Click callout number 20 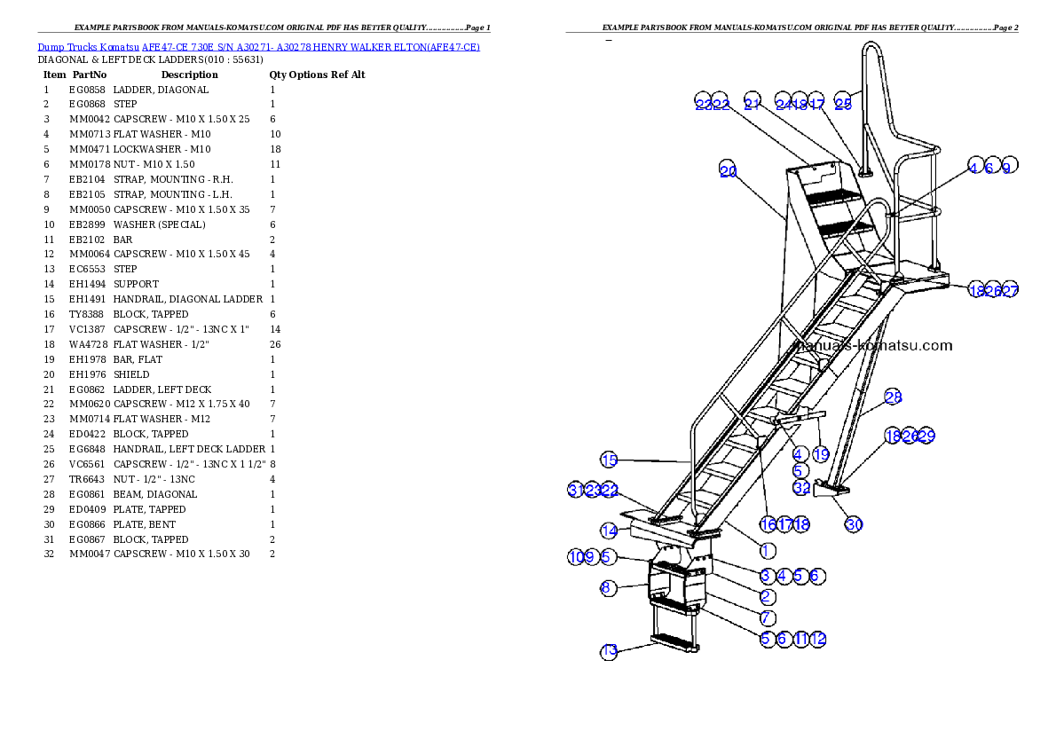(728, 172)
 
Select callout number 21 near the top (753, 104)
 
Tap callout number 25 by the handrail (843, 104)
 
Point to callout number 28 (893, 397)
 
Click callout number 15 (609, 460)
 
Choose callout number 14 (609, 531)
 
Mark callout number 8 (609, 587)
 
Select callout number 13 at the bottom (609, 651)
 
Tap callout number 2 (765, 597)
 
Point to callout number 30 (854, 524)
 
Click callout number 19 (821, 454)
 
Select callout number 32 (801, 487)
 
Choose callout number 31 (576, 491)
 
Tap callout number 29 (926, 436)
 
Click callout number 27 (1010, 290)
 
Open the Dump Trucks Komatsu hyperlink (258, 47)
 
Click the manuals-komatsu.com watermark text (874, 345)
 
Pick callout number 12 (818, 638)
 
